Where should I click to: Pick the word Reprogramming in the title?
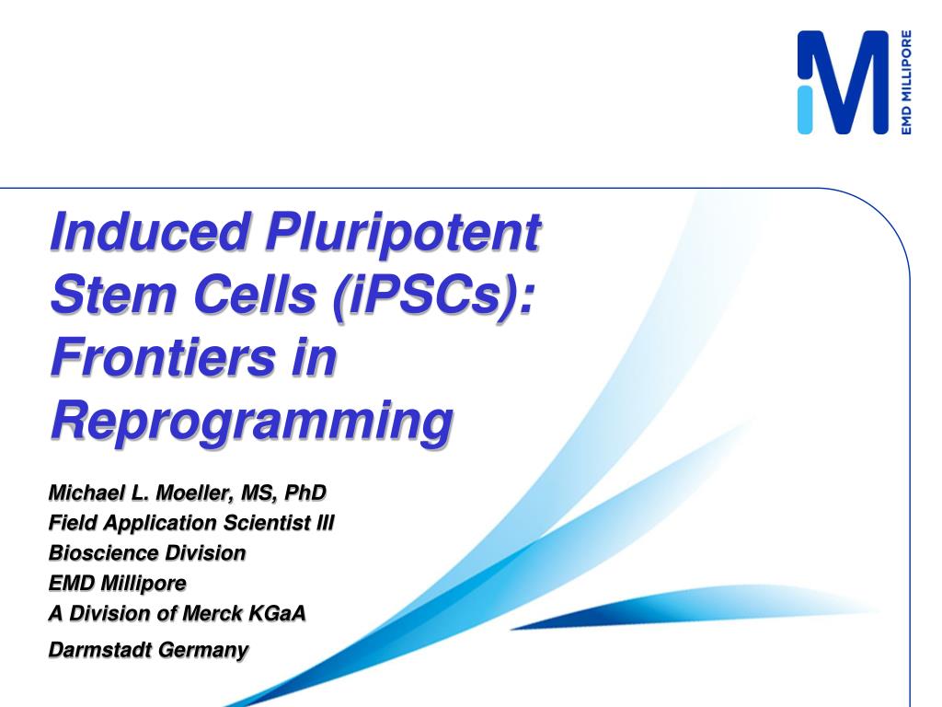(251, 422)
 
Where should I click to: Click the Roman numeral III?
(325, 523)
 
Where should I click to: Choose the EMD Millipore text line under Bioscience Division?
(117, 583)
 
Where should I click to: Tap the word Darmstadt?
(100, 650)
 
